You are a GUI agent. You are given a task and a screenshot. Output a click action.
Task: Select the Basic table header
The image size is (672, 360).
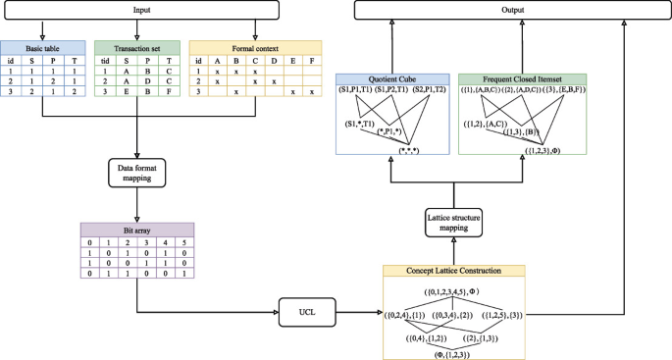(41, 46)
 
